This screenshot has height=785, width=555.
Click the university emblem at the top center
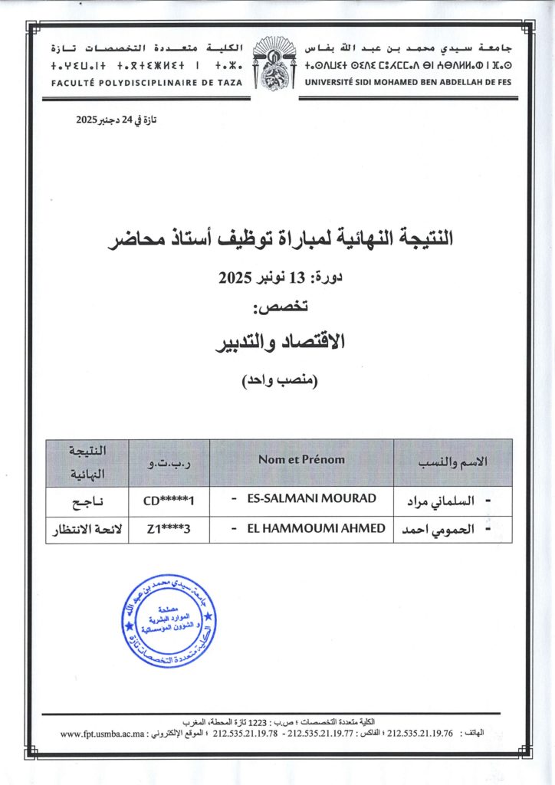pos(277,68)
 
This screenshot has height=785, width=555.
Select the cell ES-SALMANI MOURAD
pos(311,499)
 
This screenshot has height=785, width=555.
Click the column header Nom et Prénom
pos(301,460)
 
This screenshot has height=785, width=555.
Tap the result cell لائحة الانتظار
pos(87,530)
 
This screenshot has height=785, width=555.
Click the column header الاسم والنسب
pos(452,461)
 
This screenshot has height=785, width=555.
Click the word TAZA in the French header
pos(228,82)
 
